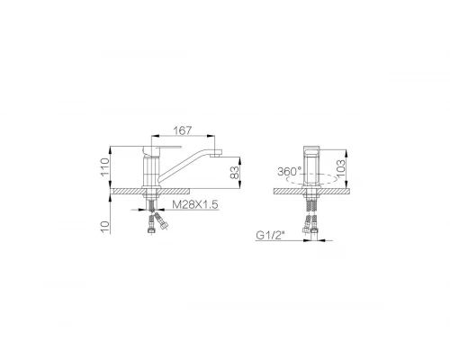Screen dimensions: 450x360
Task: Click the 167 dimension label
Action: coord(182,130)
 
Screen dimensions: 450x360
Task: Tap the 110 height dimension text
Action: coord(105,167)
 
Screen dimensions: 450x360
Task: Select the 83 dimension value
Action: coord(235,173)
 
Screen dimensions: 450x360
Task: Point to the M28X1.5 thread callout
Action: coord(195,204)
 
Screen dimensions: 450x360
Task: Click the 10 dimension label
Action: coord(105,227)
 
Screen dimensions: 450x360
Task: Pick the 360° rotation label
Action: coord(290,172)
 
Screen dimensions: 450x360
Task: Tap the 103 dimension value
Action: coord(340,169)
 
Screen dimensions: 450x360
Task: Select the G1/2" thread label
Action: coord(270,236)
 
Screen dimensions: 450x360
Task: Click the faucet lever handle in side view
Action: coord(162,148)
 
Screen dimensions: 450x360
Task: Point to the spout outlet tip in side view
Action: coord(216,156)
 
